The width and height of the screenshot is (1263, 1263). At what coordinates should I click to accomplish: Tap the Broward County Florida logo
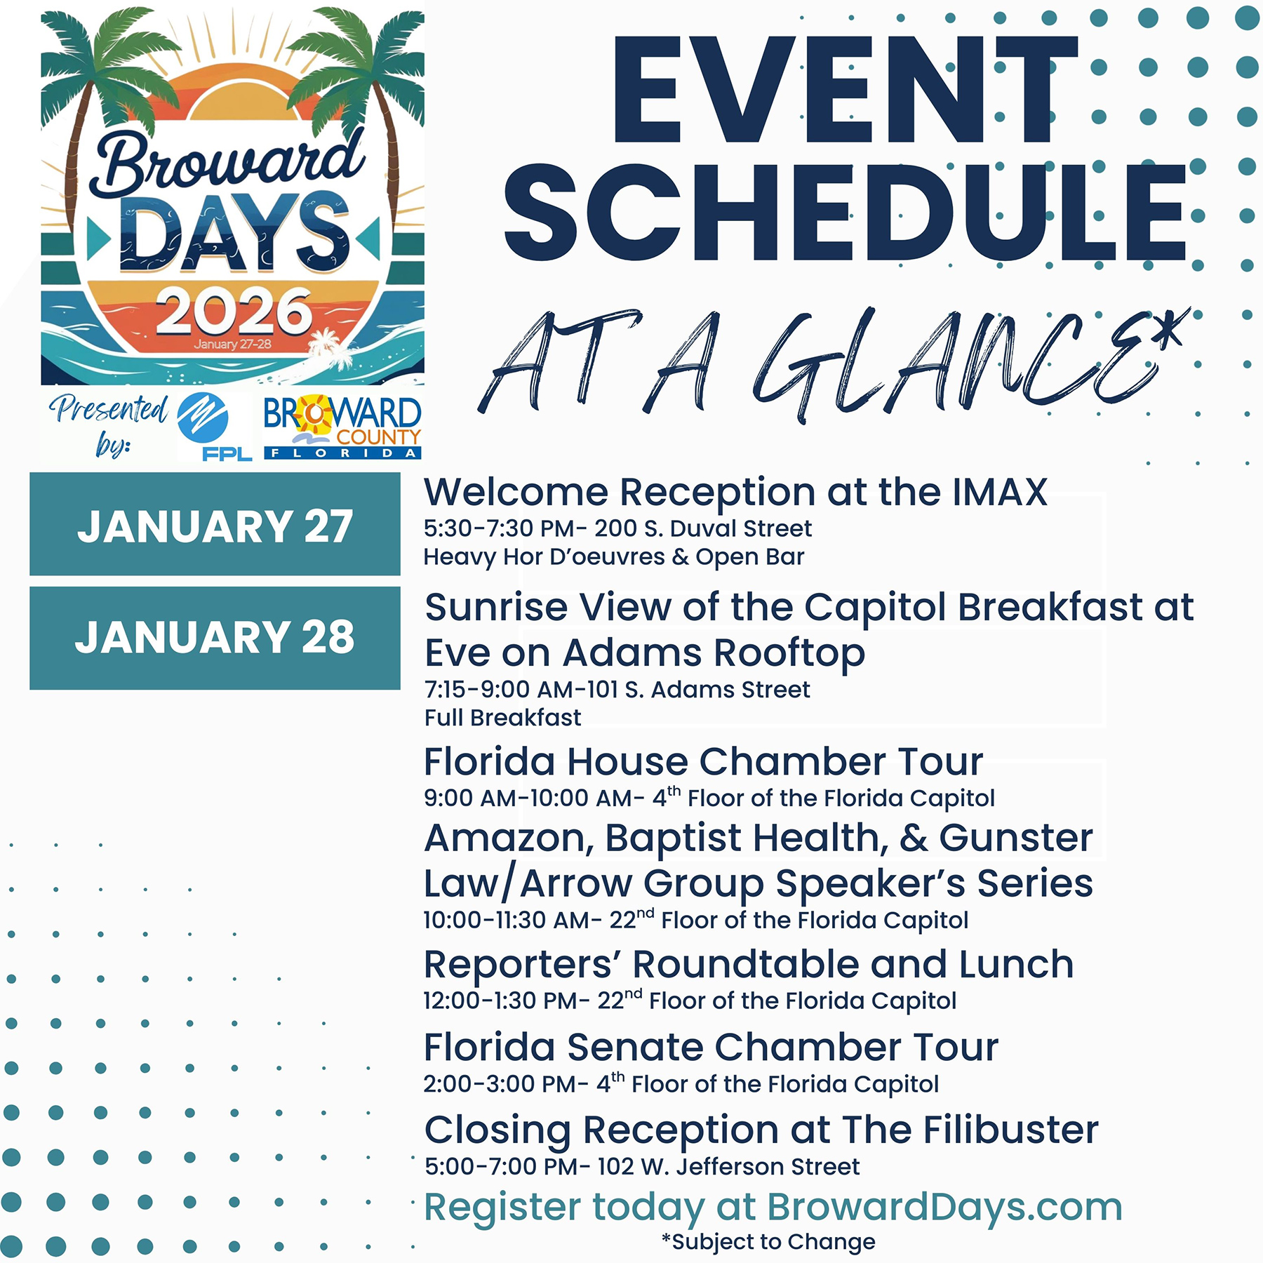click(342, 427)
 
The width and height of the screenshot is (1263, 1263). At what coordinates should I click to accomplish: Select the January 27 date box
click(215, 524)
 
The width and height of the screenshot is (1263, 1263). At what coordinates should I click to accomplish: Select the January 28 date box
click(215, 638)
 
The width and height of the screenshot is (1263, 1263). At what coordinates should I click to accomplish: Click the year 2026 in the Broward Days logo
click(234, 312)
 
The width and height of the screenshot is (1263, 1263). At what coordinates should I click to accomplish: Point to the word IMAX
click(1000, 492)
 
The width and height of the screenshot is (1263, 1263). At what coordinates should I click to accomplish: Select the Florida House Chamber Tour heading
click(704, 761)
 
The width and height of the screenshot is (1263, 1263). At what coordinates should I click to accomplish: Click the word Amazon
click(509, 838)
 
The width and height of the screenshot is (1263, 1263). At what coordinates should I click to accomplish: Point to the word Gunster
click(1016, 838)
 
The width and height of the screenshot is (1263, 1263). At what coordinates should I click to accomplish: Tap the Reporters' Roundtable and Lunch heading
click(749, 964)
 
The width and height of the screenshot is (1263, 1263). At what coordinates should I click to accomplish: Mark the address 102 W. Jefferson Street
click(728, 1167)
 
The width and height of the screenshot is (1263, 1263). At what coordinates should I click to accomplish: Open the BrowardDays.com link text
click(944, 1207)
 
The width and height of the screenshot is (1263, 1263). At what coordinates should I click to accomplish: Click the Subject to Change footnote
click(768, 1242)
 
